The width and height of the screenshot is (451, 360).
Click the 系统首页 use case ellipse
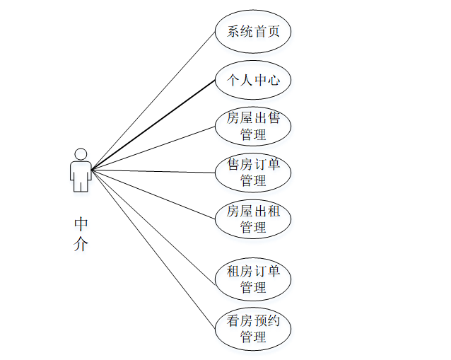point(253,32)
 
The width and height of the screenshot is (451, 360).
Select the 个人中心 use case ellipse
point(253,80)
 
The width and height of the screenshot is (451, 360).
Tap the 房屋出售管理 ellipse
point(253,126)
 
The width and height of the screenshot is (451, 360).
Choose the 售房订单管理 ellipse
point(253,173)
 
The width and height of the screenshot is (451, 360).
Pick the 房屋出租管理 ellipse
point(253,219)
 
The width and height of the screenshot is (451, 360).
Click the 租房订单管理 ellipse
point(253,279)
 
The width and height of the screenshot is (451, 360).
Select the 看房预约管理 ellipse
point(253,329)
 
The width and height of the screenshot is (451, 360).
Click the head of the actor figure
point(81,154)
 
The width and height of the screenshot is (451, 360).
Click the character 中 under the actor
point(81,224)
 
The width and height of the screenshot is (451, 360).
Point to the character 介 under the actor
point(81,245)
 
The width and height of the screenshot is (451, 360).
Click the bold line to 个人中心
point(153,124)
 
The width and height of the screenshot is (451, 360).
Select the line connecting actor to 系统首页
point(153,100)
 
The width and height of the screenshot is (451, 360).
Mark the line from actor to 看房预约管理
point(153,250)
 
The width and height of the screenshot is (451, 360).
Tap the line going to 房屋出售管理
point(153,149)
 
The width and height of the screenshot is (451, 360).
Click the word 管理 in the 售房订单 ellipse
point(253,181)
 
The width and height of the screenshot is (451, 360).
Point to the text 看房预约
point(253,321)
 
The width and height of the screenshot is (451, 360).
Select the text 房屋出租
point(253,211)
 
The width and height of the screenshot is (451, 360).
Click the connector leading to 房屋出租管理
point(153,194)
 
